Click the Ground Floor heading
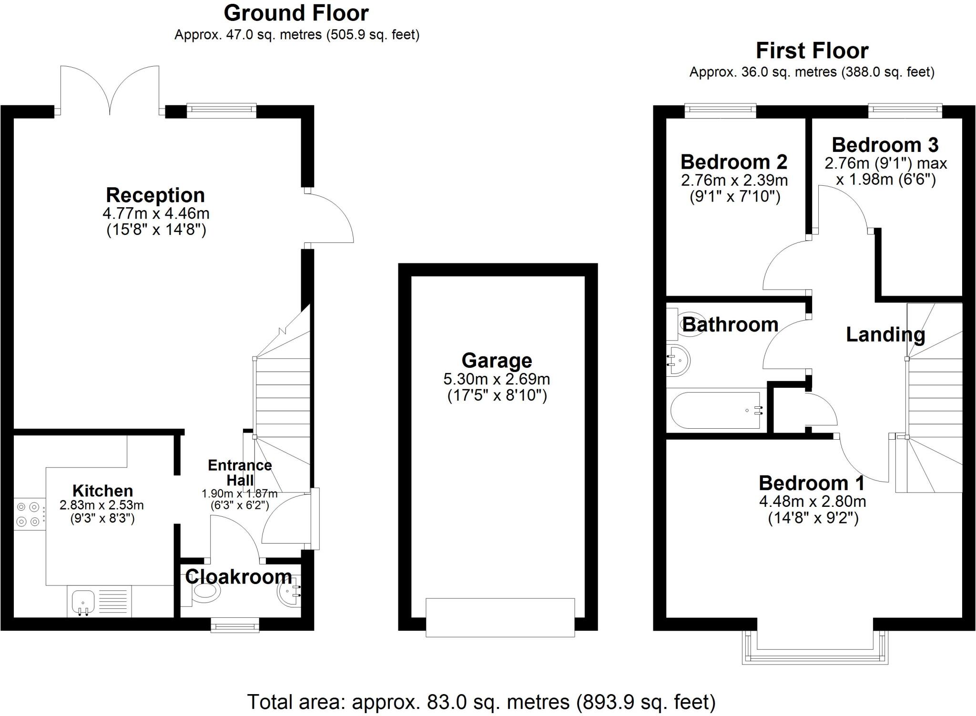tap(296, 13)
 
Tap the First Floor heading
tap(812, 50)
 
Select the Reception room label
tap(155, 195)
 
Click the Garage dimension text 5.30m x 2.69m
tap(497, 379)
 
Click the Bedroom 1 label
tap(812, 483)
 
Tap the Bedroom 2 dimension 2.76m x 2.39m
tap(734, 181)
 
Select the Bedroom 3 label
tap(885, 145)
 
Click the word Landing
tap(885, 334)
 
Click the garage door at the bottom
tap(500, 617)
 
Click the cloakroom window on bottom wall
tap(235, 625)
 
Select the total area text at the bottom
tap(481, 702)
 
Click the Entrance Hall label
tap(240, 472)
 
